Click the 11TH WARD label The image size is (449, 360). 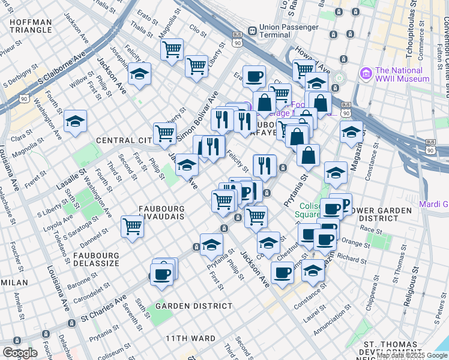191,338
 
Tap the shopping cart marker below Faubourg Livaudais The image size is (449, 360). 132,227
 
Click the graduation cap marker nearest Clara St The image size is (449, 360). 75,121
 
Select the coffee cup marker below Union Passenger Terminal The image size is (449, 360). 254,76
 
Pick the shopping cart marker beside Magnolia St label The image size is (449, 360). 172,50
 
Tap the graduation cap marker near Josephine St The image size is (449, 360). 139,74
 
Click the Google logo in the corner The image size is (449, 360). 20,353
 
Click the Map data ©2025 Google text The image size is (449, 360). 412,355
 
